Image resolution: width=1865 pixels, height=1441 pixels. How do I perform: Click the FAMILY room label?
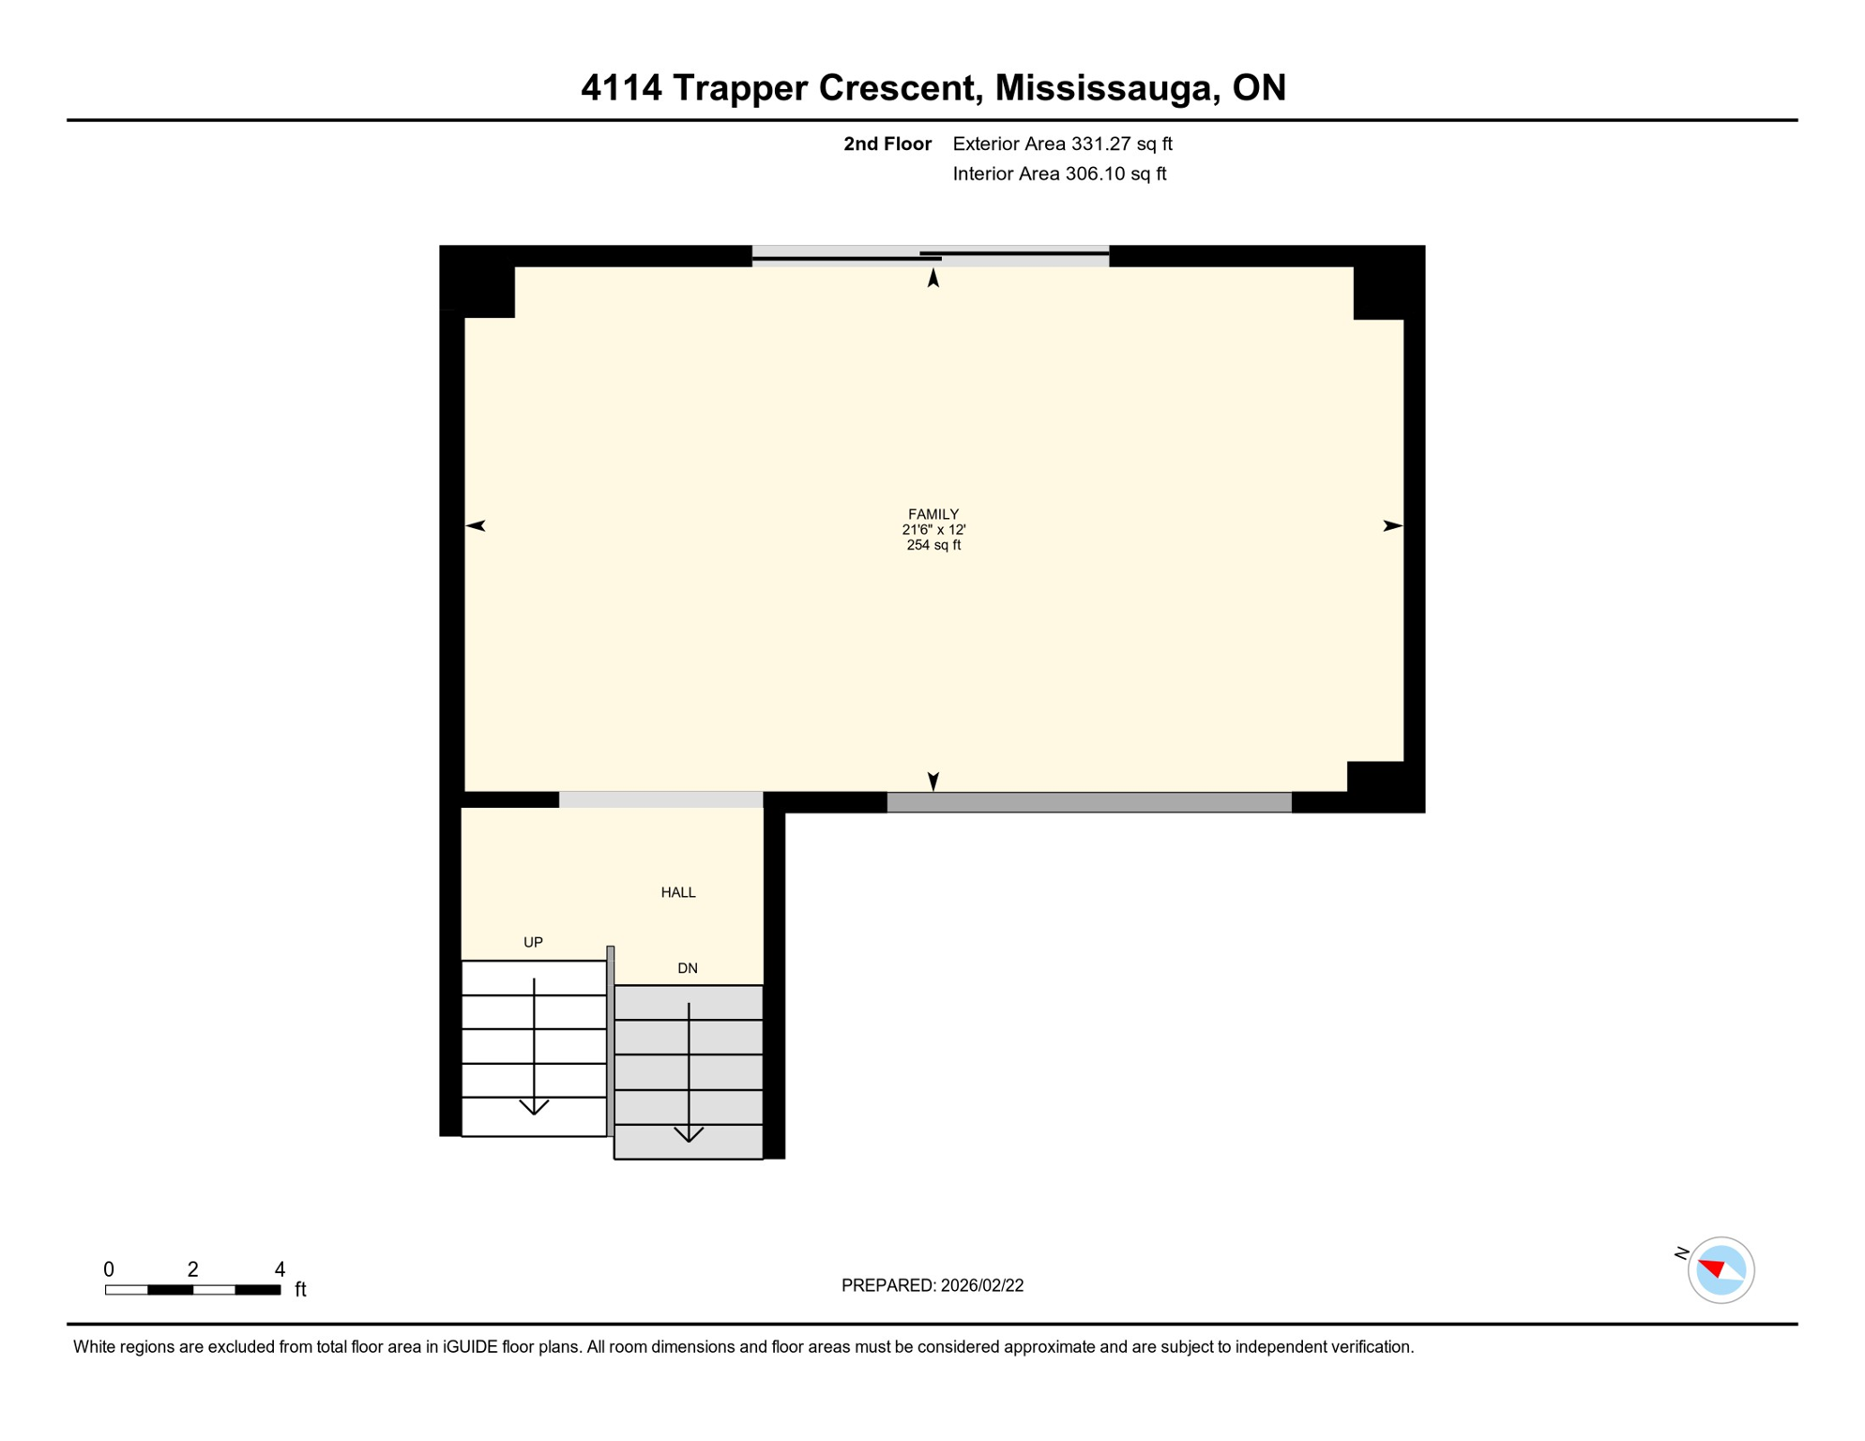pos(932,514)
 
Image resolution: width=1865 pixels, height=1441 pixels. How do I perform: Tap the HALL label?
pos(677,892)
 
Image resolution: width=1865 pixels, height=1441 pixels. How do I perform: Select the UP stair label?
pos(533,942)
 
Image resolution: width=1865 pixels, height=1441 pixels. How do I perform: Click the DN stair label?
pos(687,968)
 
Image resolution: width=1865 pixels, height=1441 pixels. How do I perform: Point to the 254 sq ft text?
pos(932,545)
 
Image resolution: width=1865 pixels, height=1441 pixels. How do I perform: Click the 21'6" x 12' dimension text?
pos(932,530)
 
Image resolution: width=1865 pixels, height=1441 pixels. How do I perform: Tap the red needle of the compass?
pos(1712,1268)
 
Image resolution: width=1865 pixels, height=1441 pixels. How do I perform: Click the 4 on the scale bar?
pos(280,1269)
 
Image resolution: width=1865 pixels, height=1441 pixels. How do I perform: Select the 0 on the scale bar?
pos(109,1269)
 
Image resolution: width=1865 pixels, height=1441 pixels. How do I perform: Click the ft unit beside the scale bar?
pos(300,1289)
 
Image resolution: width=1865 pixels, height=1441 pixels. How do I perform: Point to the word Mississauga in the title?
pos(1107,87)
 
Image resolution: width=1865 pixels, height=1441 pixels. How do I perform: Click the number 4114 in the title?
pos(621,87)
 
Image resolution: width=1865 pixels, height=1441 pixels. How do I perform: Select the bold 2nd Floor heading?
pos(887,144)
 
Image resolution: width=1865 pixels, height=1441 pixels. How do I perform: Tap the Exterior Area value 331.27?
pos(1102,144)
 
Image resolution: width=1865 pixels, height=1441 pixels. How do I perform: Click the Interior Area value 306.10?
pos(1096,174)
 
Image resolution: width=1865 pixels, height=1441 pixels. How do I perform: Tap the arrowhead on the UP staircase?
pos(534,1108)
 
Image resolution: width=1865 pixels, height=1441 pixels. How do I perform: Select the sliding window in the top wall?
pos(930,256)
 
